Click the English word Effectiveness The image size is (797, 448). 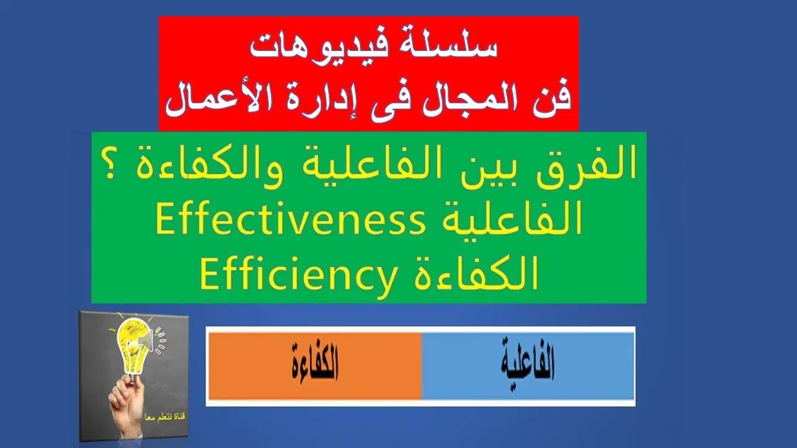[x=290, y=222]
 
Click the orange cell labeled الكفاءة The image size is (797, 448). [x=315, y=366]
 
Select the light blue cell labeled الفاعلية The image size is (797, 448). [x=528, y=366]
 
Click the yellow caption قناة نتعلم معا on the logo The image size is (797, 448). [x=165, y=417]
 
